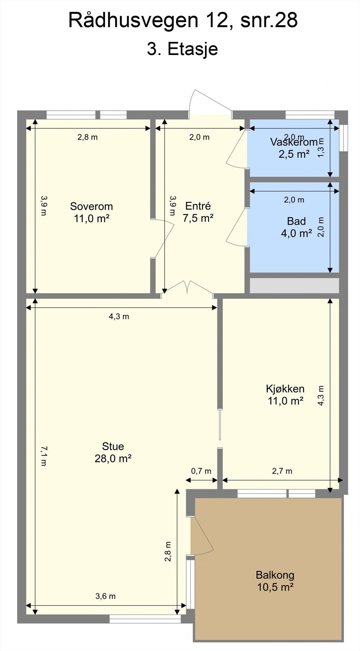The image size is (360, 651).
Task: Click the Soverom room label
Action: pos(91,212)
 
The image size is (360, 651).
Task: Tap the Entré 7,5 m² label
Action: pos(198,212)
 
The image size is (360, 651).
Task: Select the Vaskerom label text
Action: pos(294,142)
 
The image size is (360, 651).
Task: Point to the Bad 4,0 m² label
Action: pos(296,227)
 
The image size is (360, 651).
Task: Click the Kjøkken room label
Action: pos(285,395)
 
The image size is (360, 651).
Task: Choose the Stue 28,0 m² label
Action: pos(113,452)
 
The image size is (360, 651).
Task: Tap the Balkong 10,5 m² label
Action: pos(275,581)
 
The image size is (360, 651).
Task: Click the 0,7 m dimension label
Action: pos(201,471)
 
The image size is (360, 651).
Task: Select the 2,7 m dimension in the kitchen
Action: pos(282,471)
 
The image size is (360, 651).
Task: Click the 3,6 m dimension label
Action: pos(105,596)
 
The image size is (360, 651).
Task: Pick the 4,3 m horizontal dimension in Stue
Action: pos(119,317)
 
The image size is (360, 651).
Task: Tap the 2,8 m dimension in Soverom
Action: pos(87,137)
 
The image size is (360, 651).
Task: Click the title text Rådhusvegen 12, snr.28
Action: pos(183,20)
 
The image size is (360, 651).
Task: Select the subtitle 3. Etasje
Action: pos(182,49)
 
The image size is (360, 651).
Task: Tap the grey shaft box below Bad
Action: pos(294,286)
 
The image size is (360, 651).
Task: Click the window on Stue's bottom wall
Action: pos(145,619)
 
